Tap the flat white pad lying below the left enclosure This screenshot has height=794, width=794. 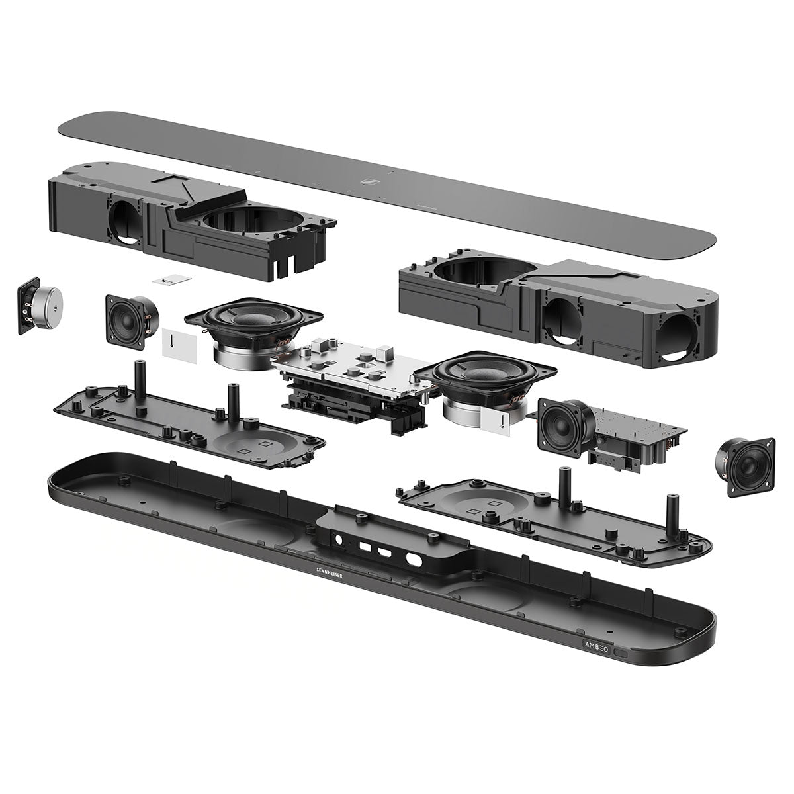click(x=167, y=281)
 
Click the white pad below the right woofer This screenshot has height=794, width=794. click(x=496, y=422)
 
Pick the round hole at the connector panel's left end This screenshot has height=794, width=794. click(x=340, y=539)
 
